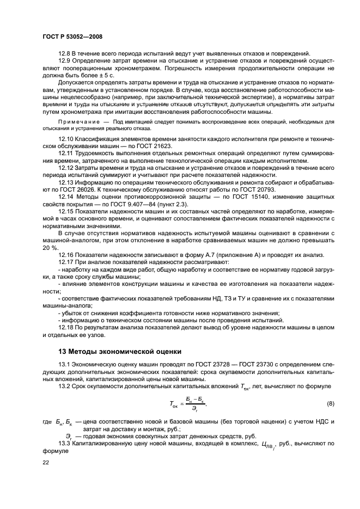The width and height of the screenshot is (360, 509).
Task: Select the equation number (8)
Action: (330, 403)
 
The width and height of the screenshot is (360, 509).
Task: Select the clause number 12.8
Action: (64, 53)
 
